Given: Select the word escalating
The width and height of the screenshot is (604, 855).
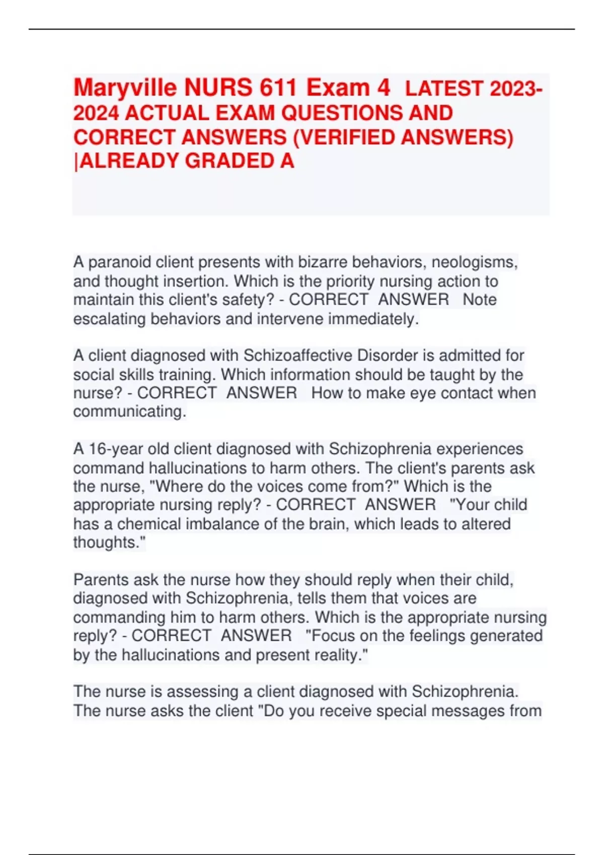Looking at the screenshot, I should (109, 319).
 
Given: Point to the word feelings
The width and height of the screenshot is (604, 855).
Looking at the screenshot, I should (437, 636).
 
